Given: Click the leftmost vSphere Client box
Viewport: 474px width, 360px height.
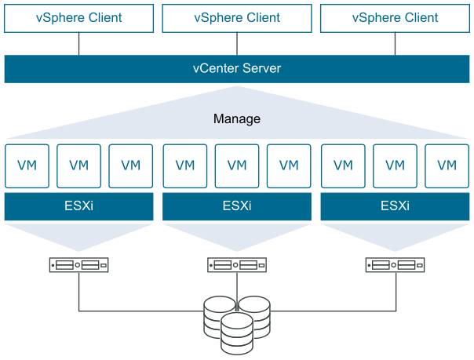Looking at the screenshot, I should pyautogui.click(x=78, y=18).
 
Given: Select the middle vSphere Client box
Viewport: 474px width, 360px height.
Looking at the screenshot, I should pyautogui.click(x=236, y=18).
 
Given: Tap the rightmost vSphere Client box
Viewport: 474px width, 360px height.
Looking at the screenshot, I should pyautogui.click(x=395, y=18).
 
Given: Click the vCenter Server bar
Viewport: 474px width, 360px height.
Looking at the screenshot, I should pyautogui.click(x=236, y=69).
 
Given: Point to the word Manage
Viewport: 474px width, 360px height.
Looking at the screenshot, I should pyautogui.click(x=236, y=119).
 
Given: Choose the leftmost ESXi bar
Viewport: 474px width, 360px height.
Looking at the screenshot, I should pyautogui.click(x=78, y=207).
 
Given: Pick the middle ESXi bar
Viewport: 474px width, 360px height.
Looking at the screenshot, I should pyautogui.click(x=236, y=207).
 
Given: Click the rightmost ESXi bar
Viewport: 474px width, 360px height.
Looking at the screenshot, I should pyautogui.click(x=395, y=207).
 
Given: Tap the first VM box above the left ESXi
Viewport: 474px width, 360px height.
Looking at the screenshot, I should pyautogui.click(x=27, y=165).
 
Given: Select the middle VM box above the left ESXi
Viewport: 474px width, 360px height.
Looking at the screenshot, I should pyautogui.click(x=78, y=165).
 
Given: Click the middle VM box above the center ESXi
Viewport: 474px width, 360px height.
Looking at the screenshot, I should pyautogui.click(x=236, y=165).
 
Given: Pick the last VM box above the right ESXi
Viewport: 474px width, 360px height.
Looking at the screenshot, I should pyautogui.click(x=447, y=165).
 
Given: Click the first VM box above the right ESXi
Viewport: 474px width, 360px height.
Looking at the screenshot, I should pyautogui.click(x=343, y=165).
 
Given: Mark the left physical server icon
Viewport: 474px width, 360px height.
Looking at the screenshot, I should pyautogui.click(x=78, y=265).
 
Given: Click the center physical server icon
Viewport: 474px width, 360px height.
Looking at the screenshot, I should pyautogui.click(x=236, y=265).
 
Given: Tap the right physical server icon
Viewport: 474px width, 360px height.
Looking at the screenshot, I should pyautogui.click(x=395, y=265).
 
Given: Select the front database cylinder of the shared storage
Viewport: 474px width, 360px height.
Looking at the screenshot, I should pyautogui.click(x=236, y=333).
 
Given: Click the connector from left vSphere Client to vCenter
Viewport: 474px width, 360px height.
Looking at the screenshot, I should pyautogui.click(x=78, y=44).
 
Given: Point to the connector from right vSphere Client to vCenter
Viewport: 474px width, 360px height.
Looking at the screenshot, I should pyautogui.click(x=395, y=44).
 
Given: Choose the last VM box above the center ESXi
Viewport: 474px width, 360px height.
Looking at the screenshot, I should pyautogui.click(x=289, y=165).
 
